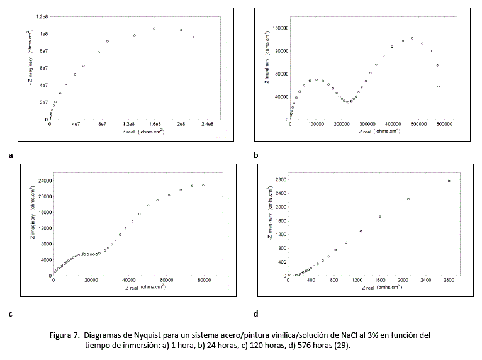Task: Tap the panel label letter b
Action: coord(255,154)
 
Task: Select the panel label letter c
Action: coord(11,313)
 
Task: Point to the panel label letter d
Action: coord(255,313)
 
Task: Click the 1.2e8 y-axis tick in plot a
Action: coord(43,16)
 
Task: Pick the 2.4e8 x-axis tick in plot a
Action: coord(207,125)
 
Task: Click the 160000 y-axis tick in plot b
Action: coord(280,28)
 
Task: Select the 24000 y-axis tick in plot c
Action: coord(43,180)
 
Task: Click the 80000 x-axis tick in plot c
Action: coord(203,281)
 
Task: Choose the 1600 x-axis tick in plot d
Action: coord(381,281)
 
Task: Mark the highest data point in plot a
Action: coord(154,28)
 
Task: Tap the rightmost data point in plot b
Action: coord(439,86)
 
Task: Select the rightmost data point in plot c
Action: coord(203,185)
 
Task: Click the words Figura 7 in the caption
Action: coord(64,335)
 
